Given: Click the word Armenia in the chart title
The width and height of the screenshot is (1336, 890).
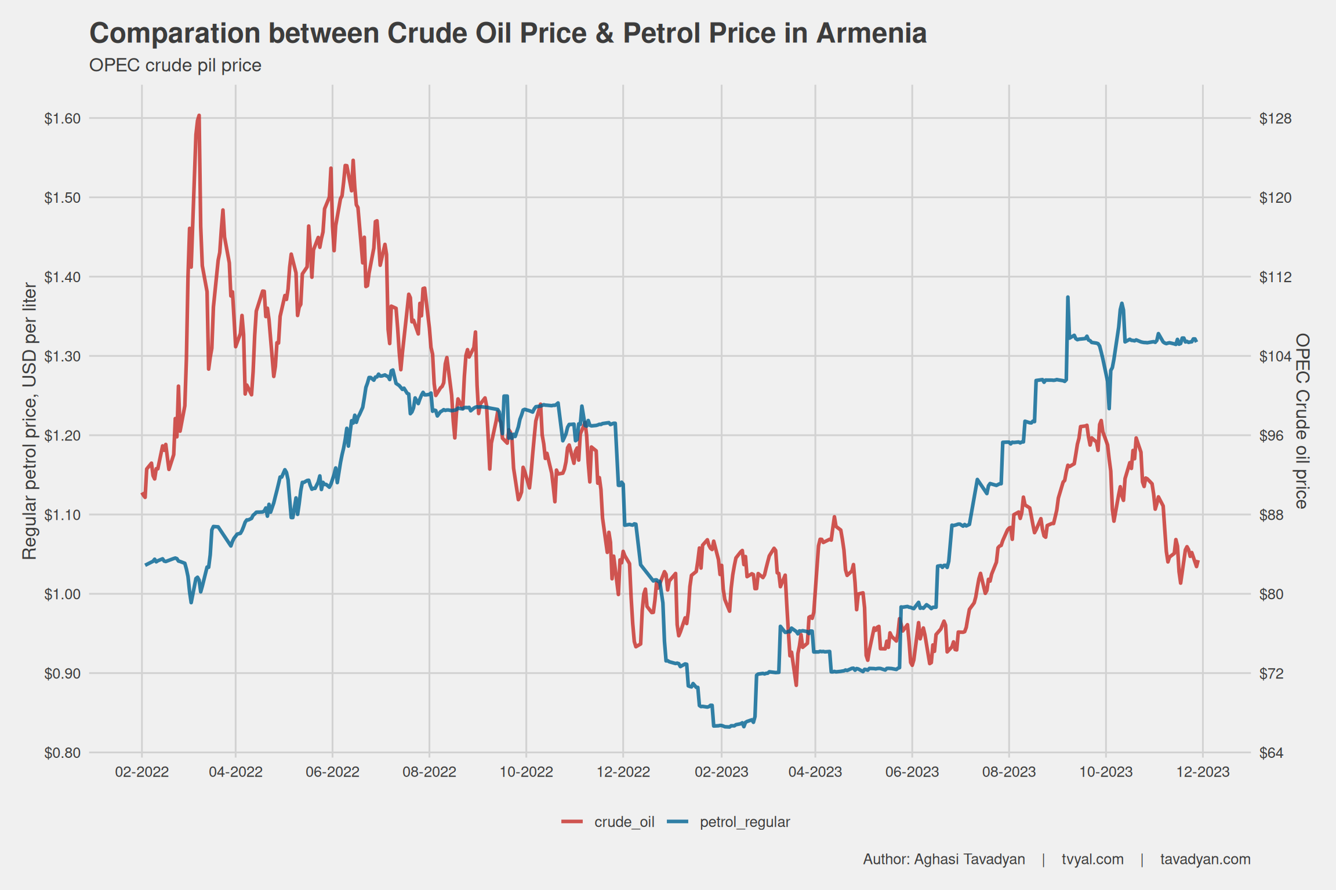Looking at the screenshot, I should (x=872, y=34).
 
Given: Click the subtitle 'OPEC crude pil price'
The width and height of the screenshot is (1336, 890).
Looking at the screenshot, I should (x=175, y=65).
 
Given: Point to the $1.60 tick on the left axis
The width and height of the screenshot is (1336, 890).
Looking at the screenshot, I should (x=62, y=119).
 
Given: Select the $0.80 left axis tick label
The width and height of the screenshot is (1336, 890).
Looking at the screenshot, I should (x=62, y=753).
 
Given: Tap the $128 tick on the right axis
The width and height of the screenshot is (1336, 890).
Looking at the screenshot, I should (x=1275, y=119).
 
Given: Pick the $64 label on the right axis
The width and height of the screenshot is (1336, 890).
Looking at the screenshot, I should (x=1271, y=753).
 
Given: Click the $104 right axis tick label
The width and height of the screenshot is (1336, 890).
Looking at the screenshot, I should (x=1275, y=356).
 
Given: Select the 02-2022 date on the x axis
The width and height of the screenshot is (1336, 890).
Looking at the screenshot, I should (x=142, y=772).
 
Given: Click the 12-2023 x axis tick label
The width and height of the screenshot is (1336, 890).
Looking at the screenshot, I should (x=1203, y=772).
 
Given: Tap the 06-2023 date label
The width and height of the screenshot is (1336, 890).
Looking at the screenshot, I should (x=912, y=772).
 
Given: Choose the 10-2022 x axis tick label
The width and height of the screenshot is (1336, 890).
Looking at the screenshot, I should (x=527, y=772).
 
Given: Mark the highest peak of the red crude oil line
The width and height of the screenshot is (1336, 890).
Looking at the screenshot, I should (x=199, y=116).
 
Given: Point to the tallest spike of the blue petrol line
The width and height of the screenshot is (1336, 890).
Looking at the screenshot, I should (x=1068, y=297).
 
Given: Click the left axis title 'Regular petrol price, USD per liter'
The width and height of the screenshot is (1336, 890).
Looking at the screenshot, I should (x=30, y=421).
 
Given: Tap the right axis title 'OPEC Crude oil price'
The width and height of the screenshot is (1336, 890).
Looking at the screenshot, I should (x=1302, y=421).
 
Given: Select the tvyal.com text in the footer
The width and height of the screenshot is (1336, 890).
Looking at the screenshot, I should (x=1092, y=859).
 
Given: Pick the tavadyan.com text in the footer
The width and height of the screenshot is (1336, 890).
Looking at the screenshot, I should (x=1205, y=859).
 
